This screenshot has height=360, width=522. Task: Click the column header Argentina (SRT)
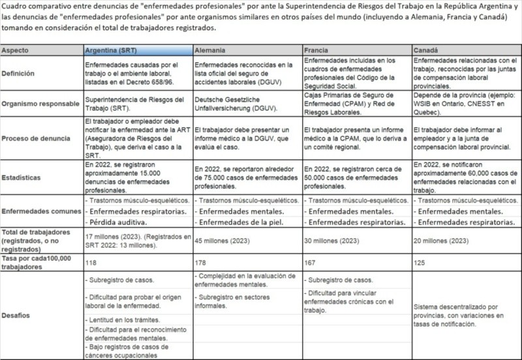pos(112,51)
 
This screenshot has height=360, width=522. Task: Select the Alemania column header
pos(210,51)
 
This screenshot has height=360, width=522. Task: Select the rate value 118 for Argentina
pos(91,261)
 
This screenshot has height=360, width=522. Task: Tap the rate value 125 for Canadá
pos(419,261)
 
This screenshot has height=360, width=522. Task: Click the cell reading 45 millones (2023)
pos(224,241)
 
